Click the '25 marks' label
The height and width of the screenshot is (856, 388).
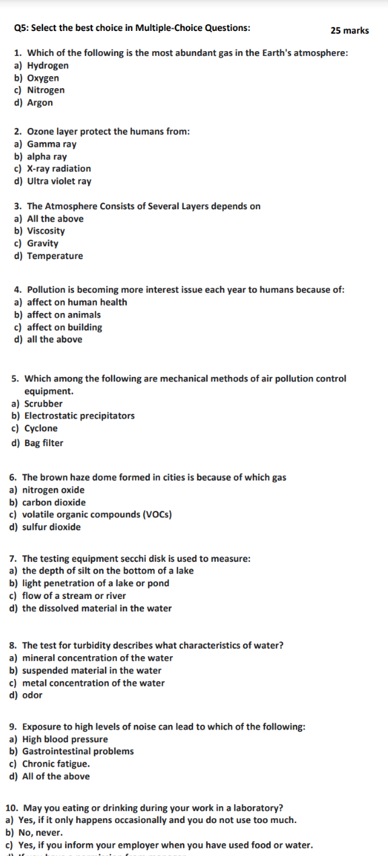tap(350, 30)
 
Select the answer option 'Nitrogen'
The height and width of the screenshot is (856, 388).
tap(46, 90)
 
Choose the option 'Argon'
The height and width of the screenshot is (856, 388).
tap(40, 102)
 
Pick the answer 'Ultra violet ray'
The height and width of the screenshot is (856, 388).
tap(59, 181)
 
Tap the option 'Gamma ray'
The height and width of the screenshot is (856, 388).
tap(52, 144)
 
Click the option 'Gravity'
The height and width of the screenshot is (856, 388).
tap(42, 243)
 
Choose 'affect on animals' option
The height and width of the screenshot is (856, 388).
tap(64, 314)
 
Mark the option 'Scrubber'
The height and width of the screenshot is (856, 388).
tap(43, 404)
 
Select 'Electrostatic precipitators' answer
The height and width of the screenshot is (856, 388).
tap(79, 416)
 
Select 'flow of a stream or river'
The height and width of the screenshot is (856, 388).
tap(74, 596)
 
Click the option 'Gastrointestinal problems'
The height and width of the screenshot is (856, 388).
tap(78, 751)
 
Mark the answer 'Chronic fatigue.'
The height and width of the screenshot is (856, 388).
tap(56, 764)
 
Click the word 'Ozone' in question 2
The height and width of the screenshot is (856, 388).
tap(41, 131)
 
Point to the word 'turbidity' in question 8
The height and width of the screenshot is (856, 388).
tap(98, 645)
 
